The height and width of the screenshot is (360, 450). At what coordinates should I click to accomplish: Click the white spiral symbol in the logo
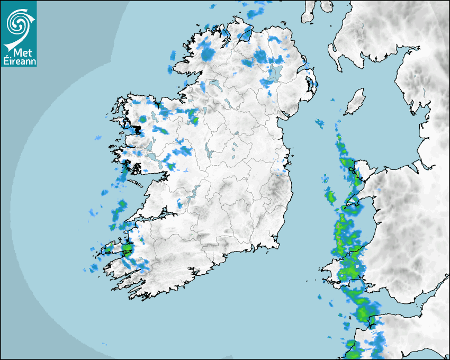point(17,22)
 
